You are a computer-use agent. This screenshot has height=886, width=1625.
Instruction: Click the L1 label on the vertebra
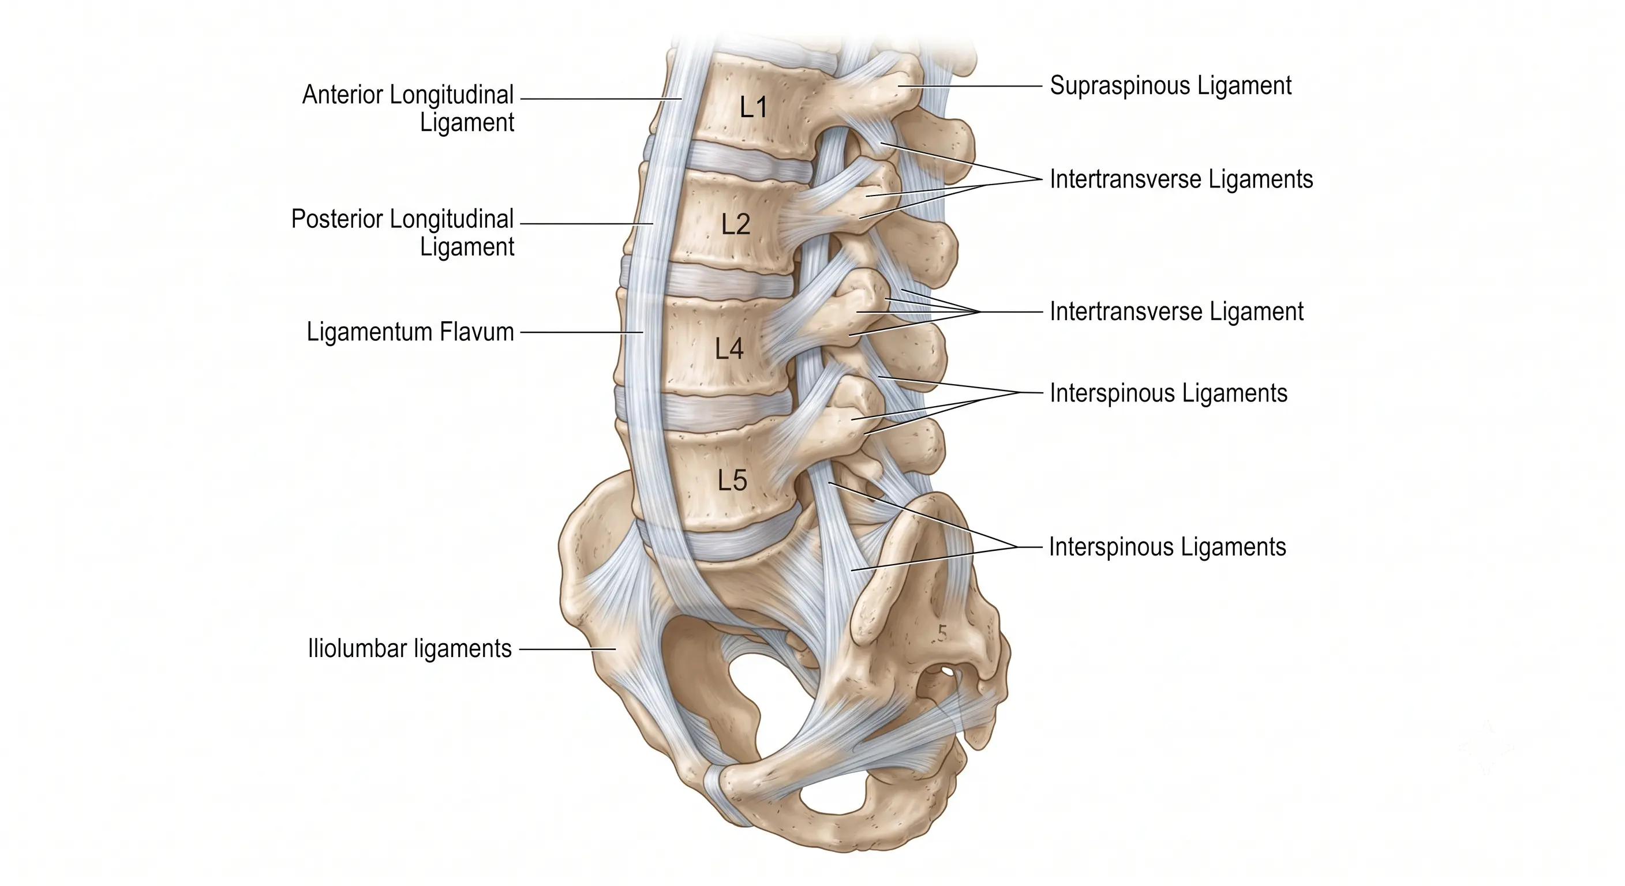point(753,108)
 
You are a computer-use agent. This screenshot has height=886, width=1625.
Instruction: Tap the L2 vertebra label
point(736,224)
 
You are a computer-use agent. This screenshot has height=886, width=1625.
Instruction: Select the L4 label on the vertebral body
point(729,349)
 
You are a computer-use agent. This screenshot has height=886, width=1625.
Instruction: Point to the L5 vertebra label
point(732,480)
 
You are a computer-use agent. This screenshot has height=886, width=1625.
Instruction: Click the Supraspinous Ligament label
point(1170,86)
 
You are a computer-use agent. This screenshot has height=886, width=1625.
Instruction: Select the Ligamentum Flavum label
point(410,332)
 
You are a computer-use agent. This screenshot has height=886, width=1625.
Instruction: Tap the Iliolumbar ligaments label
point(409,648)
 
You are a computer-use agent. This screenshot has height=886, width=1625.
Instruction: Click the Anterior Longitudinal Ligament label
point(408,108)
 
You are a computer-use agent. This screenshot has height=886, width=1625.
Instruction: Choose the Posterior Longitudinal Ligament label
point(402,232)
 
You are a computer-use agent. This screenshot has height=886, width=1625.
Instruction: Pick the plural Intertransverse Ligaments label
point(1181,180)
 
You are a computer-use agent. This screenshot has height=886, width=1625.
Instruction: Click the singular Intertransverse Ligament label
point(1177,311)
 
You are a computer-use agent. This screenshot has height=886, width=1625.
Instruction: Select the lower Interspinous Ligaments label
point(1167,547)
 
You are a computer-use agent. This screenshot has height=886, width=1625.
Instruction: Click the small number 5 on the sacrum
point(942,633)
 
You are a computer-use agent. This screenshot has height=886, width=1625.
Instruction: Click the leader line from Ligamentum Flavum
point(582,332)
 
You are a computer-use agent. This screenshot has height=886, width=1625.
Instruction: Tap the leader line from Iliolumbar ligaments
point(567,649)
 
